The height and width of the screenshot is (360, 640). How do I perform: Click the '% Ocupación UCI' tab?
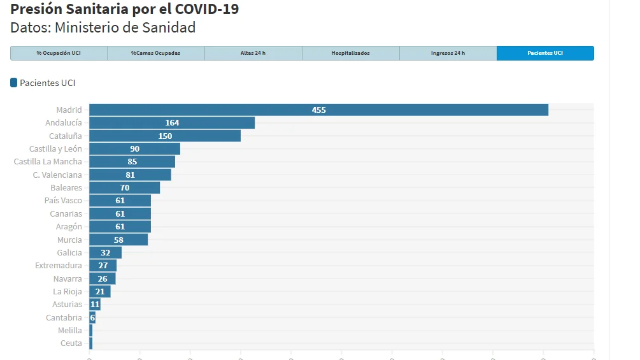tap(59, 53)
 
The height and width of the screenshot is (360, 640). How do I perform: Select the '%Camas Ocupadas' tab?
tap(156, 53)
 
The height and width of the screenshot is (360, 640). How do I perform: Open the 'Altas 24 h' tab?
tap(253, 53)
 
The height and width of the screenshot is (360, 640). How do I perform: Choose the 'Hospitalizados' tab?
tap(351, 53)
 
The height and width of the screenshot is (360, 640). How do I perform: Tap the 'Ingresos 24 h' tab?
tap(448, 53)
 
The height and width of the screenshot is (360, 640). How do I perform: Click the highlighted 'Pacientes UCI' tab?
tap(545, 53)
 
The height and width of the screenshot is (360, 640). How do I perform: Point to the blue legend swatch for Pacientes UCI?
tap(14, 83)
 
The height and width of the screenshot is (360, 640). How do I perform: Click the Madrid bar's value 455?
tap(319, 110)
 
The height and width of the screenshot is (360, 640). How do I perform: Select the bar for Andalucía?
tap(172, 123)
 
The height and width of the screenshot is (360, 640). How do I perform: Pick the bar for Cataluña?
tap(165, 136)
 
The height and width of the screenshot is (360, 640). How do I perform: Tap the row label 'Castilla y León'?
tap(55, 149)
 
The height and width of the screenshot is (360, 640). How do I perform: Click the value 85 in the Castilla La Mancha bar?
tap(132, 162)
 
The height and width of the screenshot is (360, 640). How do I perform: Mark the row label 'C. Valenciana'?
tap(57, 175)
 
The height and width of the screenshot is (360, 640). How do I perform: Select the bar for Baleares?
tap(124, 188)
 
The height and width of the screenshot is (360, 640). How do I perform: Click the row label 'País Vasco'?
tap(63, 201)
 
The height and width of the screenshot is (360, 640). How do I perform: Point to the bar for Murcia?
tap(118, 240)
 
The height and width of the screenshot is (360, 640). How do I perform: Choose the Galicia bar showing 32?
tap(105, 253)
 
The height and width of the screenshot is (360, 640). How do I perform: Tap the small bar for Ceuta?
tap(91, 343)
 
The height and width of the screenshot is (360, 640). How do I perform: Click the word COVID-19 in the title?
tap(207, 8)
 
